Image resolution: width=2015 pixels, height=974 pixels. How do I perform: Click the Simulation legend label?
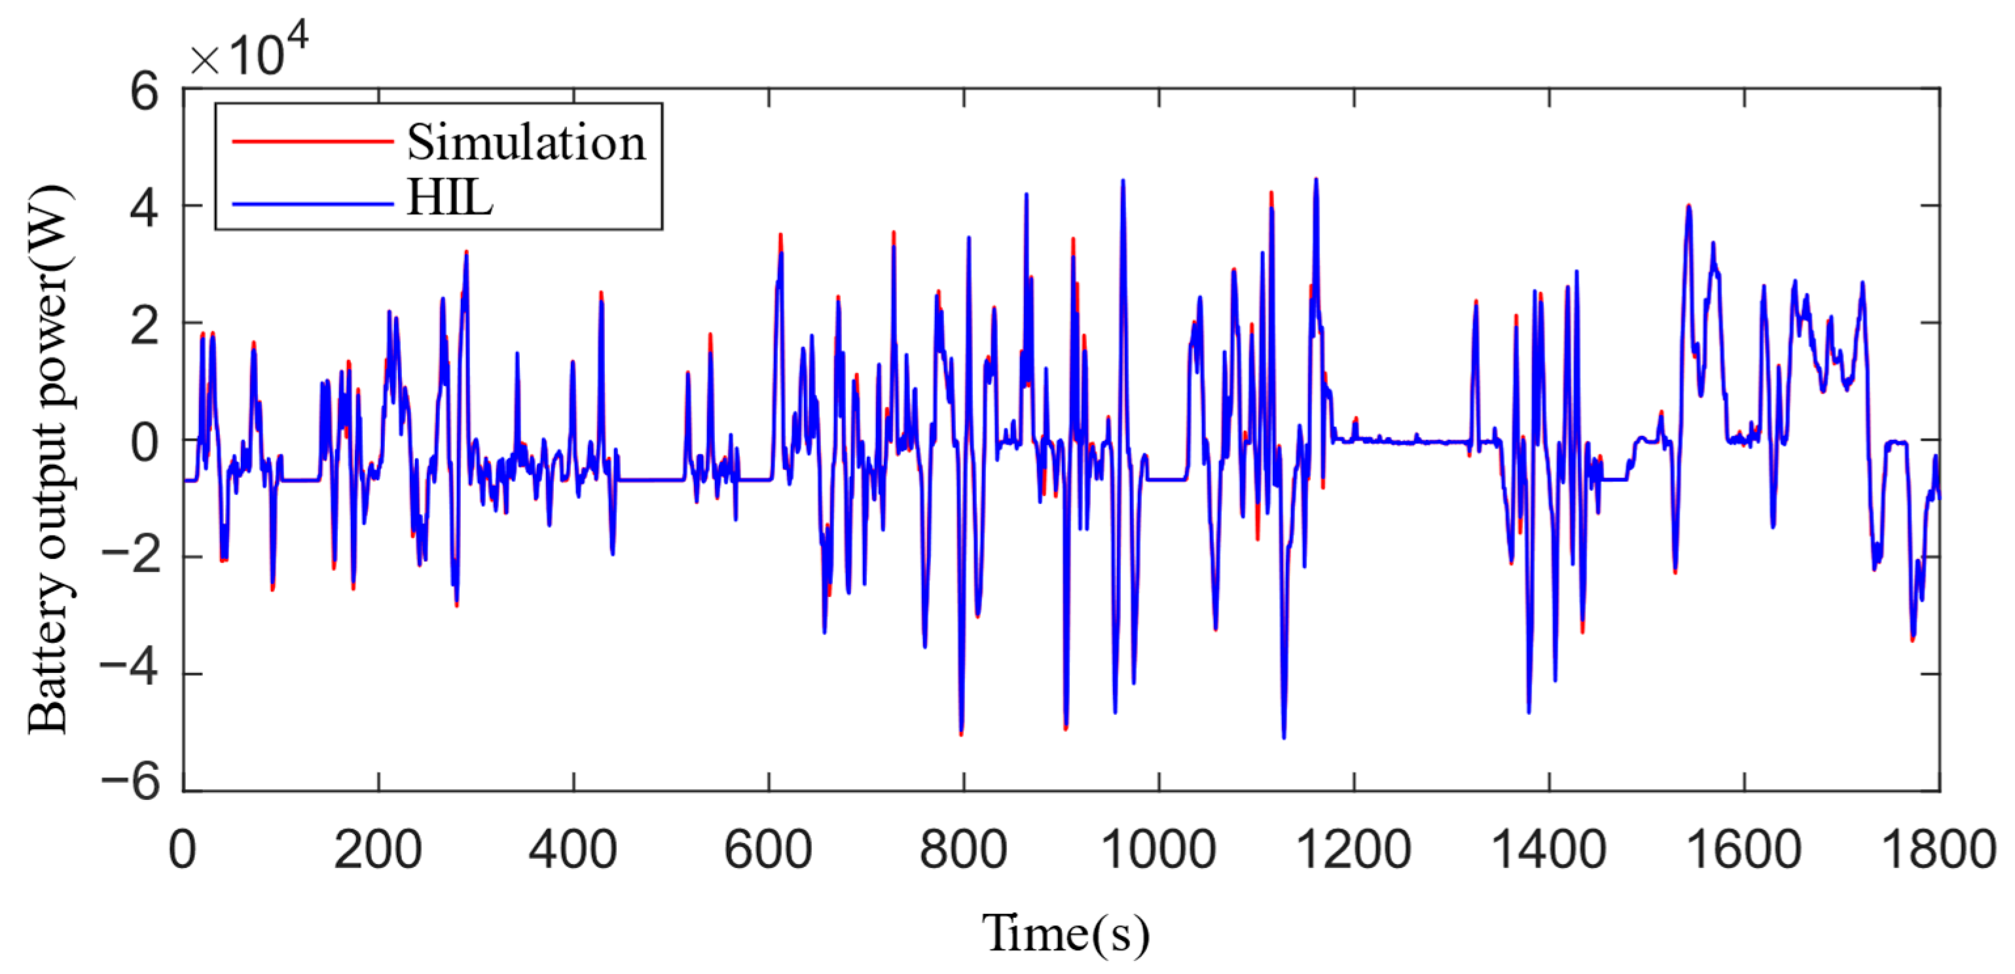tap(526, 143)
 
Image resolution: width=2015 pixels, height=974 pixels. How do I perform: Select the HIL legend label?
tap(450, 199)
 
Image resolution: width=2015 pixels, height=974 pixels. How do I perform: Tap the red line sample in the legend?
tap(312, 141)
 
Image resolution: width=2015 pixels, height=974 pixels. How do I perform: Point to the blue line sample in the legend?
tap(312, 204)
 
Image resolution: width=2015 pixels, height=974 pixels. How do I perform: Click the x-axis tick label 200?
tap(378, 850)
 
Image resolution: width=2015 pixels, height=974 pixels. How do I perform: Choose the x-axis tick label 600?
tap(768, 850)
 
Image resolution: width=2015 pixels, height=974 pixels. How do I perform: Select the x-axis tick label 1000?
tap(1159, 850)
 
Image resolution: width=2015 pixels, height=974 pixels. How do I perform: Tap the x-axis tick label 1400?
tap(1549, 850)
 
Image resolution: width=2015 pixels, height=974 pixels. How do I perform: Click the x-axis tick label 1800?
tap(1938, 850)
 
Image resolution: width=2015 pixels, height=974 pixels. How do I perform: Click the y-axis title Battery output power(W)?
tap(48, 460)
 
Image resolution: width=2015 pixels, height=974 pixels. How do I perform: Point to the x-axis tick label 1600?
tap(1743, 850)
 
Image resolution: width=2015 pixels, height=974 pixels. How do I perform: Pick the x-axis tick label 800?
tap(963, 850)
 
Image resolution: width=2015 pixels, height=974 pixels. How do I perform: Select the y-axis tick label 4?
tap(144, 209)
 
